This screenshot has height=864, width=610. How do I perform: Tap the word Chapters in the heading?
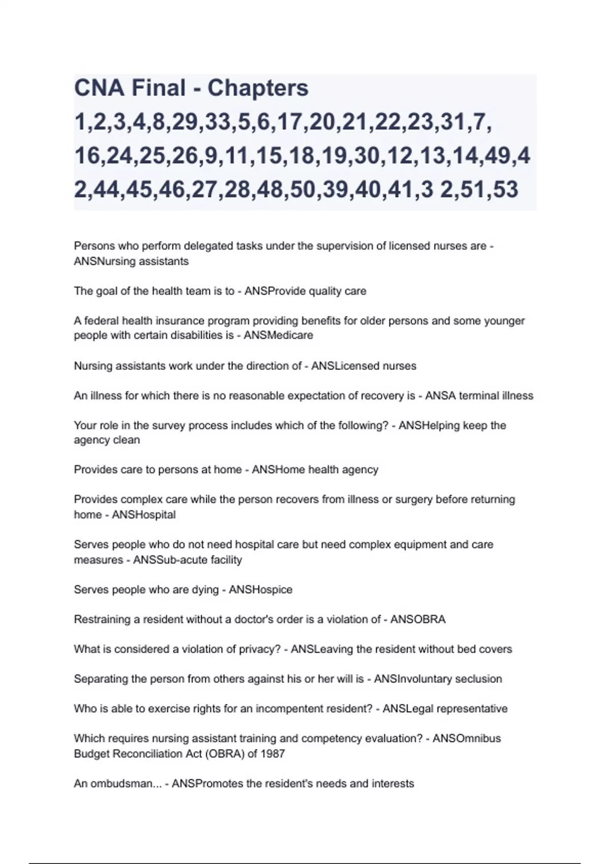[x=258, y=88]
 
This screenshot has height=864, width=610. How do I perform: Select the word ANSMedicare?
[x=278, y=335]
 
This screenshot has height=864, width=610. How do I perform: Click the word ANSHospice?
[x=260, y=590]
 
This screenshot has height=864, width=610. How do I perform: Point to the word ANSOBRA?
[x=418, y=620]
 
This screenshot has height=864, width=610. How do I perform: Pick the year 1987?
[x=272, y=754]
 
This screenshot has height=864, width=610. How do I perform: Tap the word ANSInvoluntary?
[x=409, y=679]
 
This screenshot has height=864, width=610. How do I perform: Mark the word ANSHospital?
[x=144, y=515]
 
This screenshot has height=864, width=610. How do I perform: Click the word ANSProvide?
[x=274, y=291]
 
